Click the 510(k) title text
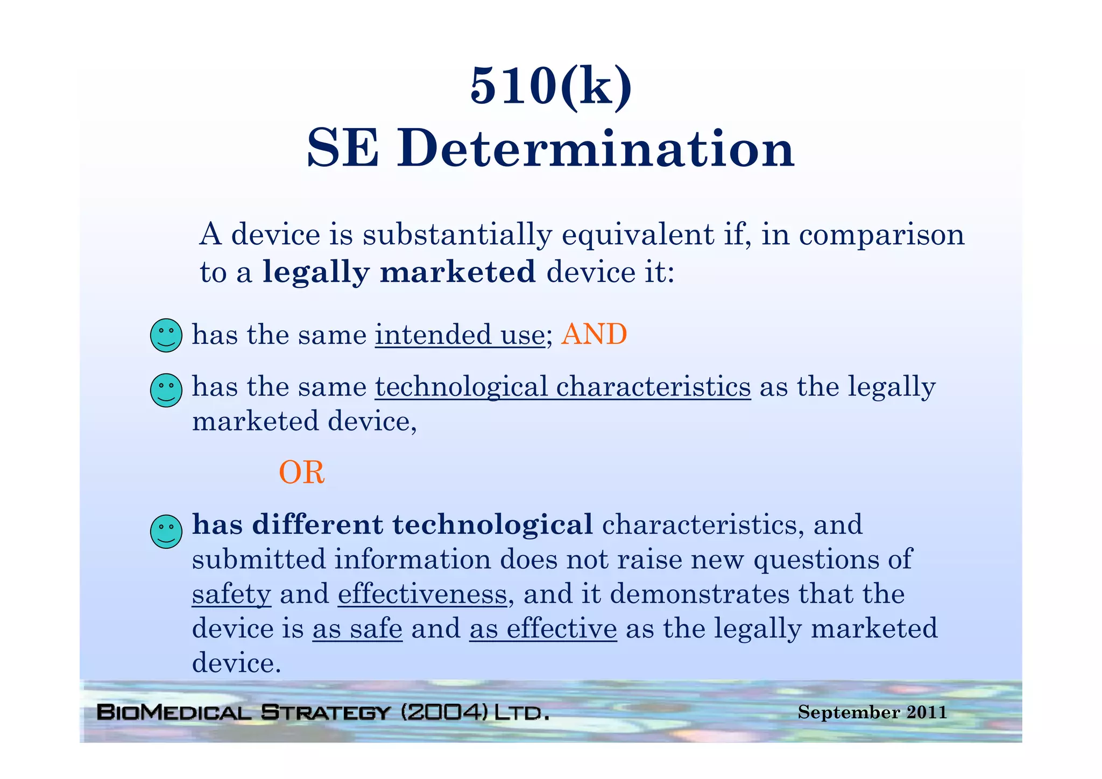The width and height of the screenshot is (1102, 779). [550, 86]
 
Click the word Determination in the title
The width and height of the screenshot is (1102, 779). [596, 148]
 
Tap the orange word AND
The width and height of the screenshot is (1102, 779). [594, 335]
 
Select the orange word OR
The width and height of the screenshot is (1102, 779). [301, 473]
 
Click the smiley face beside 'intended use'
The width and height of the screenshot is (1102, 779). [166, 336]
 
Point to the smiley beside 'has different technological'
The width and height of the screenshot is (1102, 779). [166, 532]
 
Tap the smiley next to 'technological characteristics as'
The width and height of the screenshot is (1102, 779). [166, 390]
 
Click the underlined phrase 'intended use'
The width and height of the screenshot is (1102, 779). [460, 335]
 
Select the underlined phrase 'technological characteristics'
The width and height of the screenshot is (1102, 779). [563, 387]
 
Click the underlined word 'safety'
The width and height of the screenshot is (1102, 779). [231, 594]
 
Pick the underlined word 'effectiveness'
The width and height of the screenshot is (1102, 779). [422, 594]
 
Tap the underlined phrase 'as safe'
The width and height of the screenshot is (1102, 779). [357, 628]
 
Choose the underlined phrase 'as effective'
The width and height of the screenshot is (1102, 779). [543, 628]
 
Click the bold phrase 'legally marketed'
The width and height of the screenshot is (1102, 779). [399, 272]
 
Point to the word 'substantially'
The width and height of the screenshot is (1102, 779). [457, 235]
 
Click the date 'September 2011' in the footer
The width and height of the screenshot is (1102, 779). [872, 712]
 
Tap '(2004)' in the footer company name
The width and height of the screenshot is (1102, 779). [444, 712]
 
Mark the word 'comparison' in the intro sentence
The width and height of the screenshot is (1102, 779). [881, 235]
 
